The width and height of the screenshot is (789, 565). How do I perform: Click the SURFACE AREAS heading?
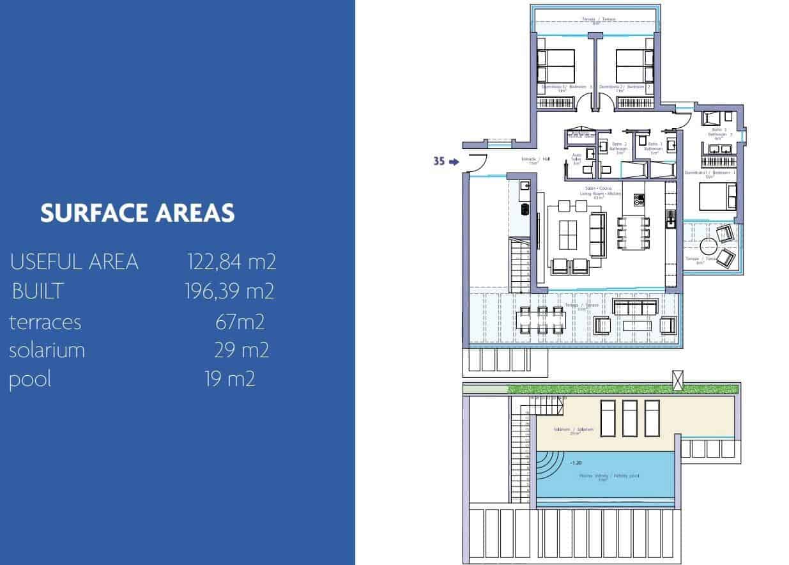click(137, 213)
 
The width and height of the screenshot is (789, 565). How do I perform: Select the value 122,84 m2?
click(231, 261)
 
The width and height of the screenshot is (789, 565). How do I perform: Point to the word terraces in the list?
click(45, 322)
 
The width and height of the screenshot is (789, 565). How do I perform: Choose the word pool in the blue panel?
click(30, 379)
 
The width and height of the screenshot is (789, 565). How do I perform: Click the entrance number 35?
click(439, 162)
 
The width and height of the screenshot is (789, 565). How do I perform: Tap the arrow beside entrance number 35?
click(454, 162)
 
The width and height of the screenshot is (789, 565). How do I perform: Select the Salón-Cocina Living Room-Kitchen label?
click(596, 192)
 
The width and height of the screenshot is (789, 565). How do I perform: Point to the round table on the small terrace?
click(708, 245)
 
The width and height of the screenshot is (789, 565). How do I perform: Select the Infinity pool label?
click(609, 477)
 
